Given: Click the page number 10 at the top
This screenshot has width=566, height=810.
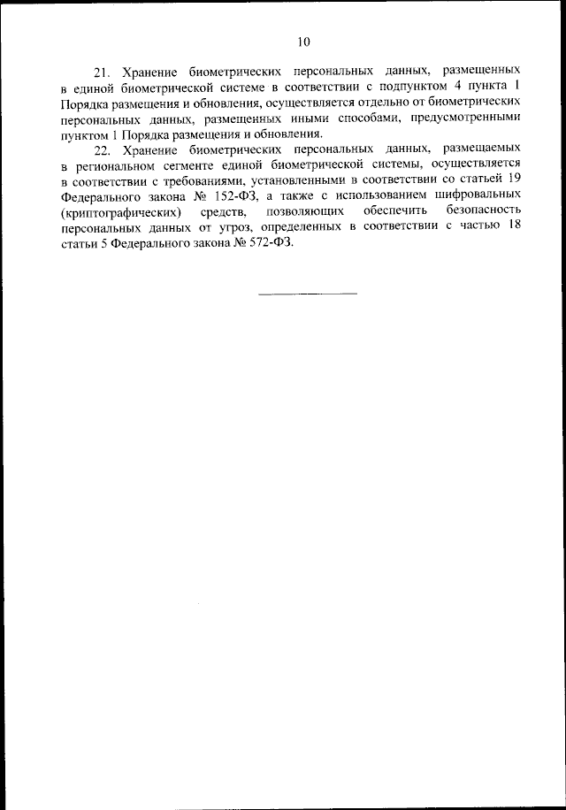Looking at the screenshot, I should (x=304, y=42).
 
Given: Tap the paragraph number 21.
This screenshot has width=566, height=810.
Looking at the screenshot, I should (x=102, y=68).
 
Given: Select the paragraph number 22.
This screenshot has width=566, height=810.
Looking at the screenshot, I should (x=102, y=150).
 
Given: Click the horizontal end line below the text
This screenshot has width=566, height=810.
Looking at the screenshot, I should (x=308, y=293).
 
